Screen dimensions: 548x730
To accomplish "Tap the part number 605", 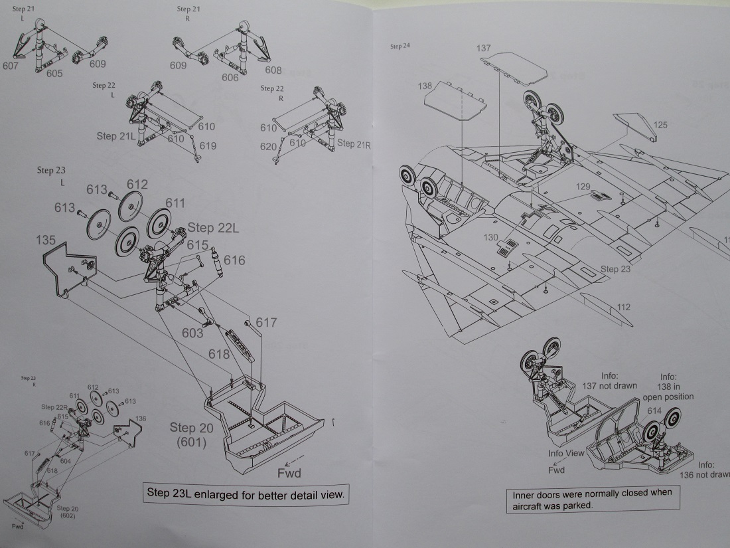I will pyautogui.click(x=54, y=73).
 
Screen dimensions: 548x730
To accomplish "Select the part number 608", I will pyautogui.click(x=273, y=70).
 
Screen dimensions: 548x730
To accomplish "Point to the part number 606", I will pyautogui.click(x=230, y=78).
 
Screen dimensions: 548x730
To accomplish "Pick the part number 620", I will pyautogui.click(x=269, y=147).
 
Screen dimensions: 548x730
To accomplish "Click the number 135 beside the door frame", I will pyautogui.click(x=47, y=239).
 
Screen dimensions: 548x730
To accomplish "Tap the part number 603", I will pyautogui.click(x=193, y=333).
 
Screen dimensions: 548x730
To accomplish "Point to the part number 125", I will pyautogui.click(x=660, y=125).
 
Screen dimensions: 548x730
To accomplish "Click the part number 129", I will pyautogui.click(x=583, y=188).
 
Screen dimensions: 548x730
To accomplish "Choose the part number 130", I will pyautogui.click(x=490, y=238).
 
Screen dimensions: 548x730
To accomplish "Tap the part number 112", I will pyautogui.click(x=623, y=307).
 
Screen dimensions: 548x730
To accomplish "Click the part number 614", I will pyautogui.click(x=654, y=411).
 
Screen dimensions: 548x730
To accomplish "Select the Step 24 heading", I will pyautogui.click(x=400, y=46).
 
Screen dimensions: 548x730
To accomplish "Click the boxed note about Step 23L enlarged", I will pyautogui.click(x=245, y=495).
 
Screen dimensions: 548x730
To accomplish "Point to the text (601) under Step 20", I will pyautogui.click(x=191, y=442).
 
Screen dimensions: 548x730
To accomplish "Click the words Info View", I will pyautogui.click(x=566, y=453).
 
